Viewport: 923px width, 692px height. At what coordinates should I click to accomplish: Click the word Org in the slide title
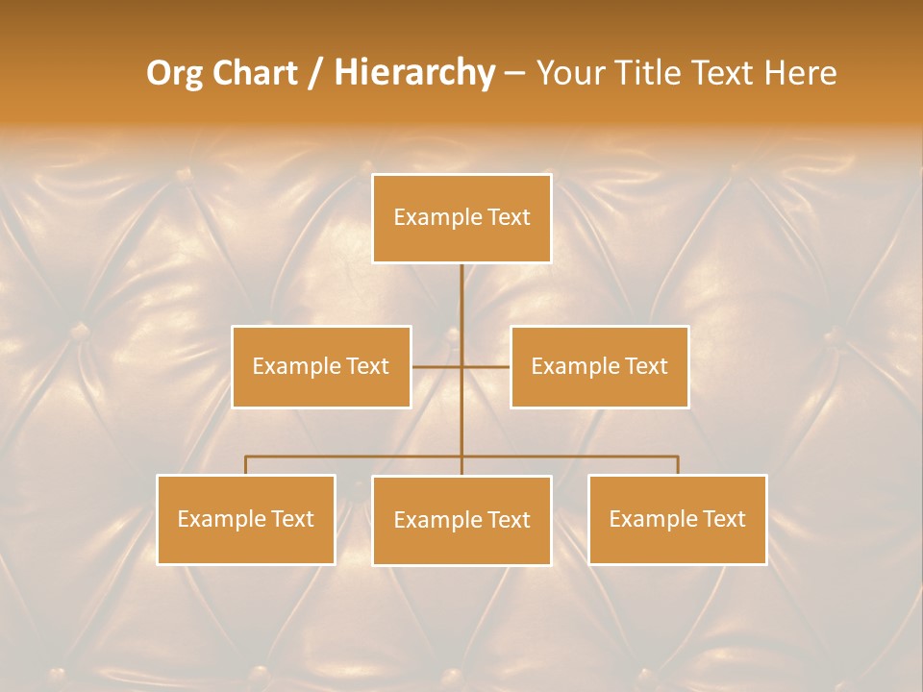pyautogui.click(x=174, y=73)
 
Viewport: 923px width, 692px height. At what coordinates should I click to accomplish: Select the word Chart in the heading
pyautogui.click(x=252, y=73)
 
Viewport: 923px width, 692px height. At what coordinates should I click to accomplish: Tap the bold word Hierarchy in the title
pyautogui.click(x=413, y=73)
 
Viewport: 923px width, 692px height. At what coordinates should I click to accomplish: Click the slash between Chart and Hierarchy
pyautogui.click(x=314, y=74)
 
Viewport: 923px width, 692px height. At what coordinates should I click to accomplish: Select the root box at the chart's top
pyautogui.click(x=461, y=218)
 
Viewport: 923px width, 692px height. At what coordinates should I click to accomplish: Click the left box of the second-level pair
pyautogui.click(x=321, y=366)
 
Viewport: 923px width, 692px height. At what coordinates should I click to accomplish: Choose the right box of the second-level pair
pyautogui.click(x=600, y=366)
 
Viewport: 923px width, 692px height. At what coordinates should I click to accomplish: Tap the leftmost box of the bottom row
pyautogui.click(x=246, y=519)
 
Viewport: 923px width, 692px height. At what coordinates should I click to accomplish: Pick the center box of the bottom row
pyautogui.click(x=461, y=520)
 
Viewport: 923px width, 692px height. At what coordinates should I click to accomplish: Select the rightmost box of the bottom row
pyautogui.click(x=678, y=519)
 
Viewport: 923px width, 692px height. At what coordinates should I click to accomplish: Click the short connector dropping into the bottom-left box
pyautogui.click(x=246, y=465)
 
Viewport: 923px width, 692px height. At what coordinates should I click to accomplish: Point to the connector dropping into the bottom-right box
pyautogui.click(x=678, y=465)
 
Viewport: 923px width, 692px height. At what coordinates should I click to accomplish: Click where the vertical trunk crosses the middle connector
pyautogui.click(x=461, y=366)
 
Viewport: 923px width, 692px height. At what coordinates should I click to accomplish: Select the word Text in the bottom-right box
pyautogui.click(x=724, y=519)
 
